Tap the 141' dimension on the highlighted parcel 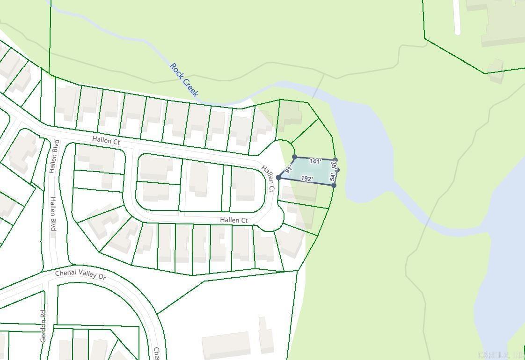(x=315, y=161)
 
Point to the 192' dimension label (x=307, y=179)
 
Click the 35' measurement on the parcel (x=334, y=165)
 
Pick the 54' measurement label (x=333, y=177)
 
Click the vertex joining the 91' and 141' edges (x=294, y=157)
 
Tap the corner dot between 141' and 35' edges (x=335, y=160)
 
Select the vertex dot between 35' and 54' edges (x=337, y=170)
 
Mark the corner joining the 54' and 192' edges (x=334, y=185)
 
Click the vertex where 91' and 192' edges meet (x=279, y=177)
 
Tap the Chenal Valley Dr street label (x=80, y=275)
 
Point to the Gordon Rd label (x=43, y=326)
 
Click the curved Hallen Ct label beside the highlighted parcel (x=268, y=178)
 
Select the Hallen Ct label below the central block (x=234, y=220)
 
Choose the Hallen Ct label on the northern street (x=106, y=140)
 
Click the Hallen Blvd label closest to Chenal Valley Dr (x=53, y=213)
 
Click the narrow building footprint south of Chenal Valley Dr (x=266, y=335)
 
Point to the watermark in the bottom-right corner (x=501, y=354)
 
